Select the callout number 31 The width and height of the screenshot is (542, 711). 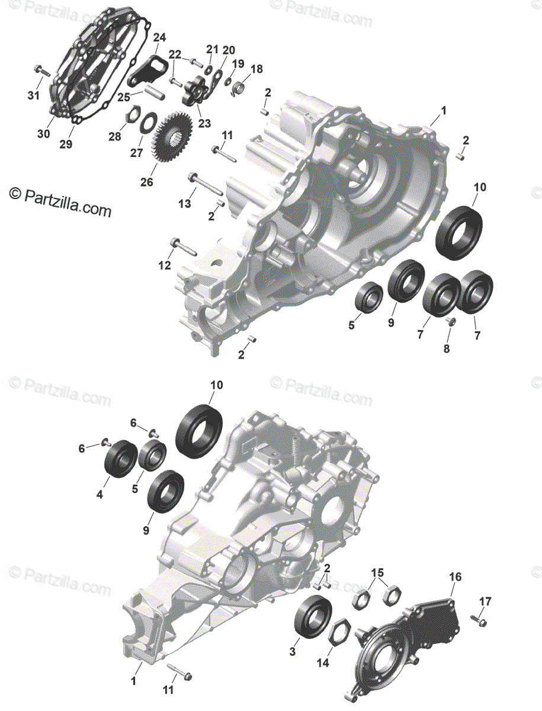click(x=34, y=95)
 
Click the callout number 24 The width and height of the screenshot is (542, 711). click(x=159, y=37)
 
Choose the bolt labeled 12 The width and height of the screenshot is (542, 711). click(x=183, y=247)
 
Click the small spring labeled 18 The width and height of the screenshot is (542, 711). click(x=240, y=88)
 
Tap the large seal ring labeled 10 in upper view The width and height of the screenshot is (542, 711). click(x=459, y=232)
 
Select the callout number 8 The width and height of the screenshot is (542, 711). click(x=447, y=348)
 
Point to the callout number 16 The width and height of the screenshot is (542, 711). click(x=456, y=577)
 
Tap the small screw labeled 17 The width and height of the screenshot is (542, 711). click(x=478, y=620)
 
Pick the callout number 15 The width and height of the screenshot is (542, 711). click(x=377, y=573)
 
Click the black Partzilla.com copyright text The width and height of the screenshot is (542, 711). click(x=60, y=203)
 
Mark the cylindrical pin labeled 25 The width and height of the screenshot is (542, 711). click(x=155, y=92)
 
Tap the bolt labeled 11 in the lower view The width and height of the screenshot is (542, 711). click(x=179, y=675)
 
